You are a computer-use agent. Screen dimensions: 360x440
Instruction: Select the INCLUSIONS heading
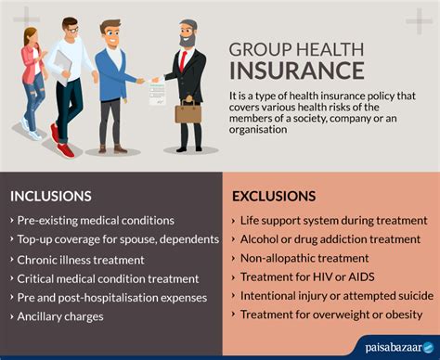click(51, 196)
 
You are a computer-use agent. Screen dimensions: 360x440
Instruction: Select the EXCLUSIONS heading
click(275, 196)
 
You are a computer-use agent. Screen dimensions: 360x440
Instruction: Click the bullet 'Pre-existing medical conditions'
click(96, 220)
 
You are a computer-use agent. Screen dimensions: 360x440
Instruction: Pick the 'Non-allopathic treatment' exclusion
click(304, 258)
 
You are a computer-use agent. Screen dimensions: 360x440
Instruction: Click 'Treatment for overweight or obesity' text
click(330, 315)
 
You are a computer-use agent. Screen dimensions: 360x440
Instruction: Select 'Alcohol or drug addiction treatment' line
click(330, 238)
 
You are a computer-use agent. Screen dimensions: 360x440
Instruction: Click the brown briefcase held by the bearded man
click(188, 112)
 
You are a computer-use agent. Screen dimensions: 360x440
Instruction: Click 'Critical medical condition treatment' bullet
click(108, 278)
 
